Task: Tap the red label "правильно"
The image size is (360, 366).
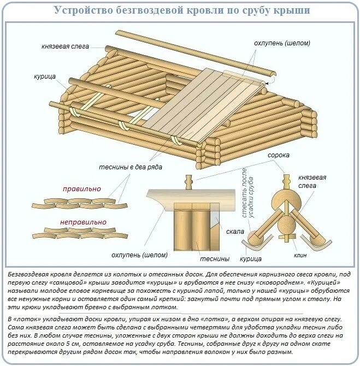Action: click(82, 188)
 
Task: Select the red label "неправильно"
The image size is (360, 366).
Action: click(83, 222)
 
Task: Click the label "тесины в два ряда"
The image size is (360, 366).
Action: click(130, 167)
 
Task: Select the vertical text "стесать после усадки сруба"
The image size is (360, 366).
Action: click(248, 194)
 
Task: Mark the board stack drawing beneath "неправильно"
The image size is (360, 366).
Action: click(79, 234)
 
